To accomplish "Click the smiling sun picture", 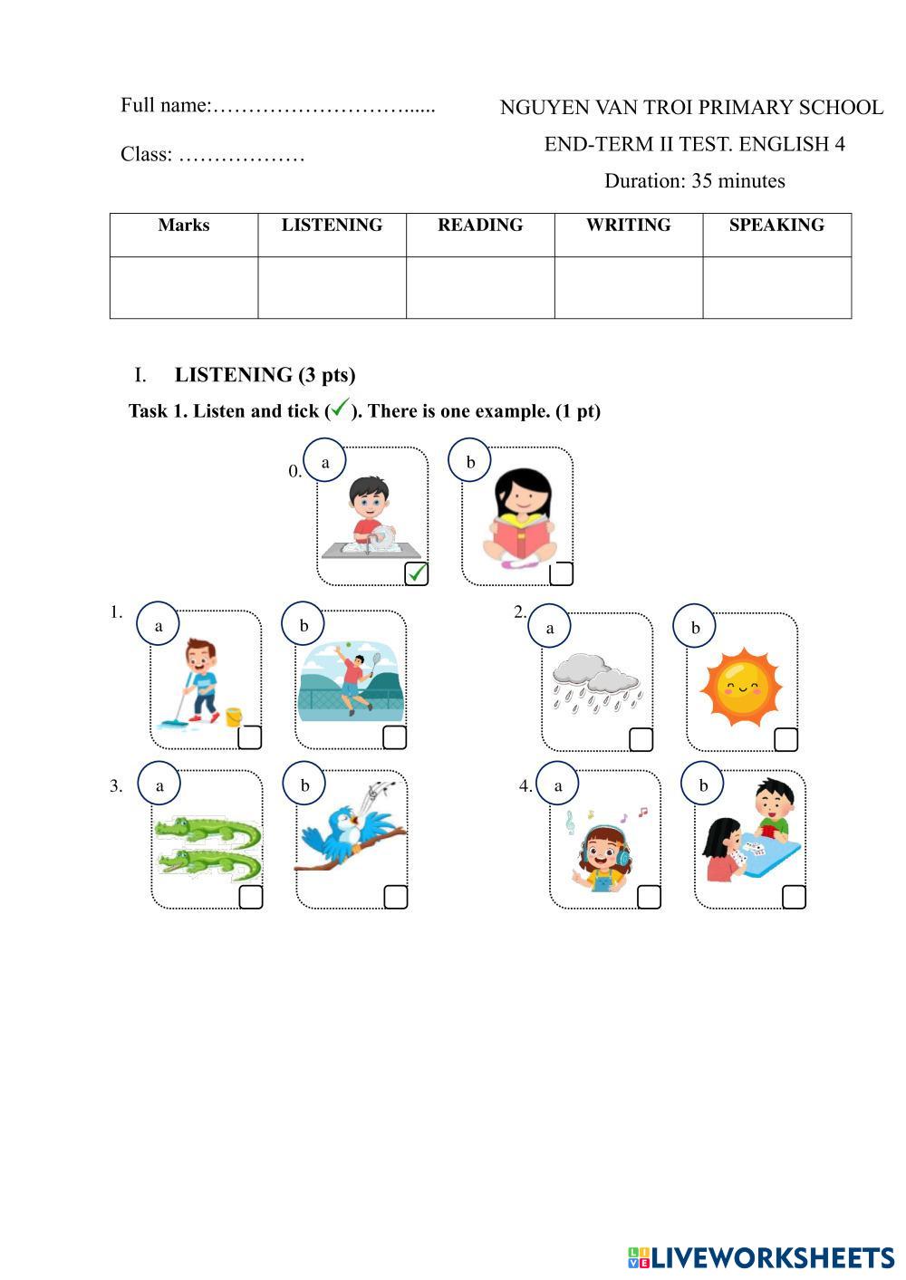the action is (x=740, y=688).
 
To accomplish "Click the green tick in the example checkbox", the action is (x=417, y=573).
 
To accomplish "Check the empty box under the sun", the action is (x=786, y=739).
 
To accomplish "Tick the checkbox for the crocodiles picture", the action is (x=251, y=897).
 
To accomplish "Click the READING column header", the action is (x=480, y=226).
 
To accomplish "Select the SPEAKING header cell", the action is (x=776, y=226).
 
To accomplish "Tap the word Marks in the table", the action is (x=183, y=226).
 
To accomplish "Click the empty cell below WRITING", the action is (x=628, y=287).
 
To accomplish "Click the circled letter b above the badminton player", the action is (x=304, y=625).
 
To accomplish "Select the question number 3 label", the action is (x=116, y=786).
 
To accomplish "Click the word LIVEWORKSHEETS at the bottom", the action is (x=772, y=1256).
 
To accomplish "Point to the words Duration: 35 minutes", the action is (x=694, y=181).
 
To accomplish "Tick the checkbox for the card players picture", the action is (x=794, y=897).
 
